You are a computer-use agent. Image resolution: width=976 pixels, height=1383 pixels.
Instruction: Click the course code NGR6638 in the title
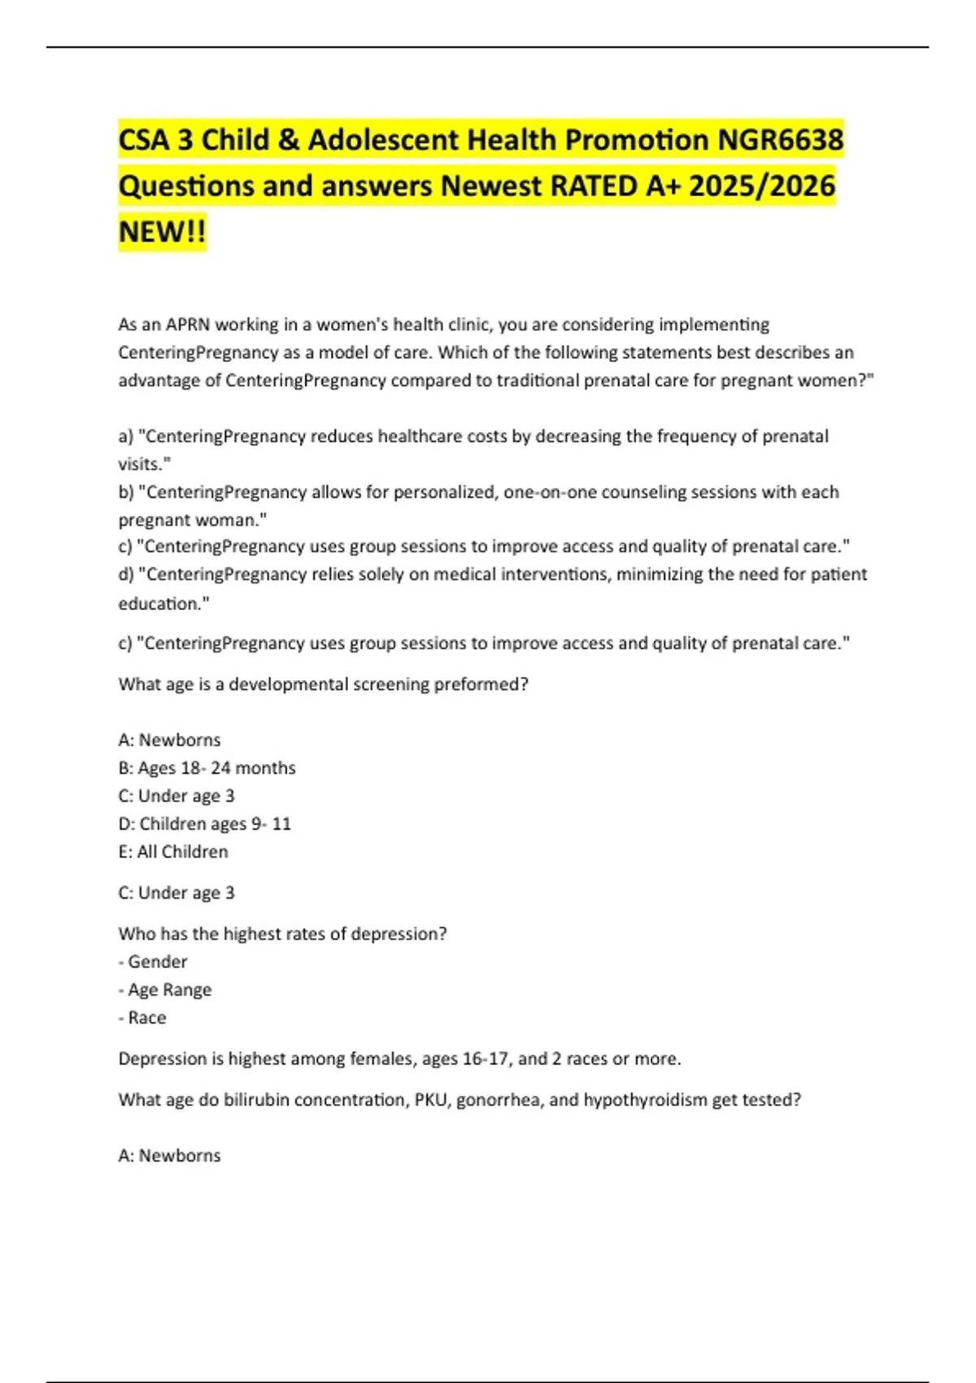click(x=780, y=140)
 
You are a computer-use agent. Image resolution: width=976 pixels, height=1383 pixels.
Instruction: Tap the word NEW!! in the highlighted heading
click(x=162, y=232)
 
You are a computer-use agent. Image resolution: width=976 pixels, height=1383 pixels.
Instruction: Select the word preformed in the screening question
click(x=481, y=684)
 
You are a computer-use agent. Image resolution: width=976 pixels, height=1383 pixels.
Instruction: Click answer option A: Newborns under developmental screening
click(x=169, y=740)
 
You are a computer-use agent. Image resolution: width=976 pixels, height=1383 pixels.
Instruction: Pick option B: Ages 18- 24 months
click(x=207, y=768)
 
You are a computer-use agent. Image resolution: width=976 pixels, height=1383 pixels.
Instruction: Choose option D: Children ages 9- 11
click(x=204, y=824)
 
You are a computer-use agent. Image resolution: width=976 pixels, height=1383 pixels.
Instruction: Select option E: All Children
click(x=173, y=852)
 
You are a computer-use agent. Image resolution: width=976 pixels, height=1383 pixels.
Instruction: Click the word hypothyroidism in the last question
click(x=645, y=1100)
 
